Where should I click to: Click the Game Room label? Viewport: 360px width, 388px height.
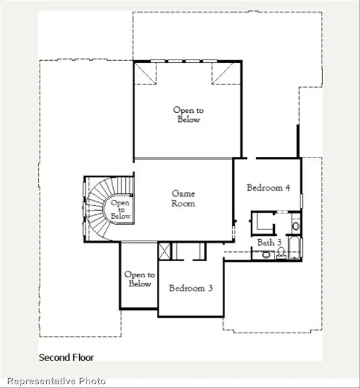pos(184,198)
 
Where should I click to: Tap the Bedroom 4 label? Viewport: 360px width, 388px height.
pos(268,187)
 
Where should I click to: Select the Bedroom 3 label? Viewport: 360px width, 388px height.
pos(190,288)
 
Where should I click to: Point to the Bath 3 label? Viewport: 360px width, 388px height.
pos(266,242)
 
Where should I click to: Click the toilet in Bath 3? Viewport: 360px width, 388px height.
pos(281,253)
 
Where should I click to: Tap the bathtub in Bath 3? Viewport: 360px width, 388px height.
pos(296,248)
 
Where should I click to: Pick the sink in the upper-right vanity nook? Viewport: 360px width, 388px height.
pos(296,226)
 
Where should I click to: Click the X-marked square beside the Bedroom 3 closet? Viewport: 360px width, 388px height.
pos(164,251)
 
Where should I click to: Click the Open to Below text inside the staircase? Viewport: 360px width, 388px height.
pos(120,209)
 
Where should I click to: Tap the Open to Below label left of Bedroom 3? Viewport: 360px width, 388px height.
pos(139,279)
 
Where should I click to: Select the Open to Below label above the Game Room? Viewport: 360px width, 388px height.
pos(188,114)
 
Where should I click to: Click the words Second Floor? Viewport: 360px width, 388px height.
pos(66,357)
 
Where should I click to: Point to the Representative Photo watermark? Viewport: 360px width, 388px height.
pos(56,381)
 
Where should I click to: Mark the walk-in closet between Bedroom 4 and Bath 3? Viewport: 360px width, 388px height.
pos(262,223)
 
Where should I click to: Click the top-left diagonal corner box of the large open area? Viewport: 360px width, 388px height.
pos(145,73)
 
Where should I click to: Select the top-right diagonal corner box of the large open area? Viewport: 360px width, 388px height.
pos(225,74)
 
